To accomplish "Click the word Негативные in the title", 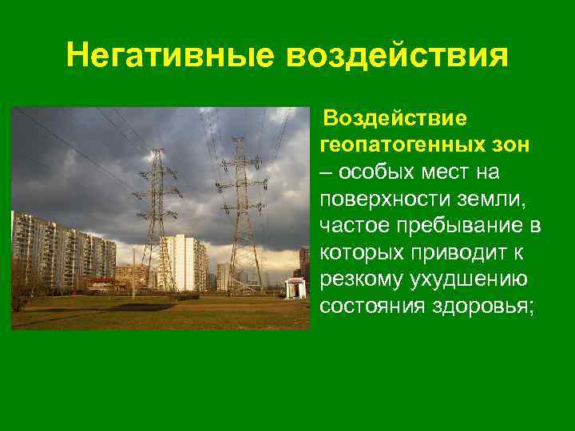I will pyautogui.click(x=170, y=57).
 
